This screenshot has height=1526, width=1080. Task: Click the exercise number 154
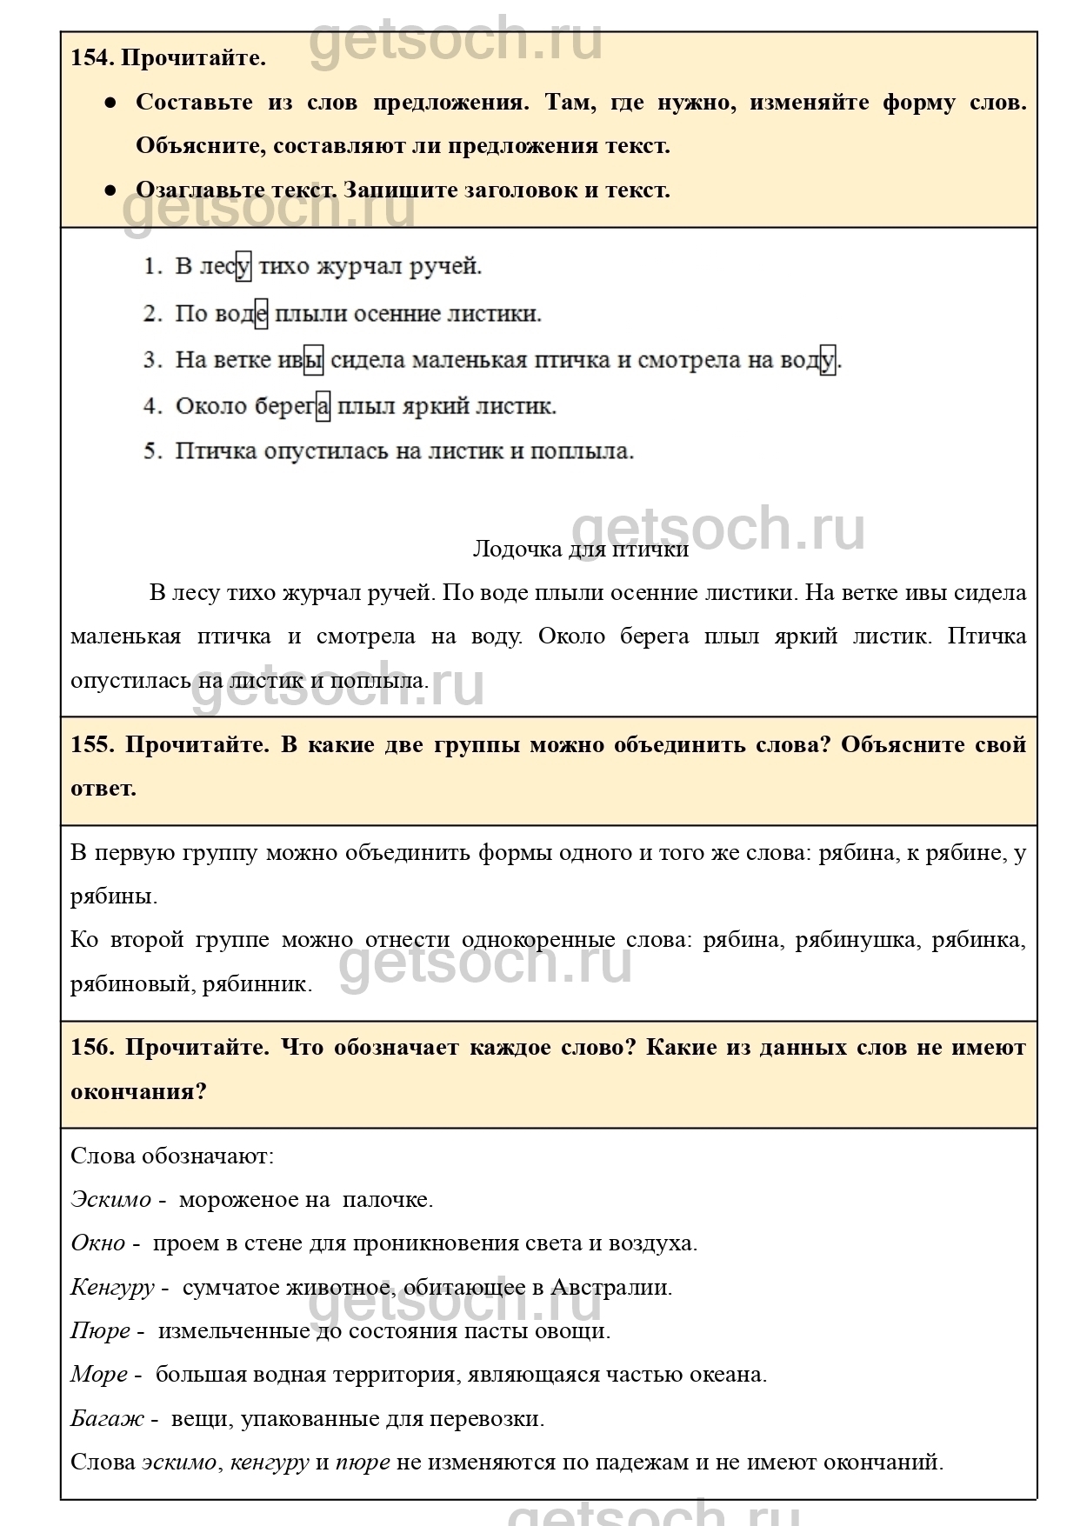pyautogui.click(x=90, y=58)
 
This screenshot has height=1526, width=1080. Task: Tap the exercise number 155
pyautogui.click(x=91, y=745)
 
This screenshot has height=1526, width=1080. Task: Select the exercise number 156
pyautogui.click(x=91, y=1048)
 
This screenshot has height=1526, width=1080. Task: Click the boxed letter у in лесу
pyautogui.click(x=243, y=266)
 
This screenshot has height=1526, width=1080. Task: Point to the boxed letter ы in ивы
pyautogui.click(x=313, y=360)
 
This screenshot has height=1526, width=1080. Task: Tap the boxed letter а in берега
pyautogui.click(x=323, y=406)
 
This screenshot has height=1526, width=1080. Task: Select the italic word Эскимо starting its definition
pyautogui.click(x=110, y=1200)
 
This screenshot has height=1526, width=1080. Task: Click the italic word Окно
pyautogui.click(x=97, y=1243)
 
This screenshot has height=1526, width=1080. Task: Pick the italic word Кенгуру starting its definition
pyautogui.click(x=112, y=1288)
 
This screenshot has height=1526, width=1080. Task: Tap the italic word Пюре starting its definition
pyautogui.click(x=100, y=1331)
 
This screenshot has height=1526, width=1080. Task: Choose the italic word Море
pyautogui.click(x=98, y=1375)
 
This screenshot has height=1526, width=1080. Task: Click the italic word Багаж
pyautogui.click(x=107, y=1419)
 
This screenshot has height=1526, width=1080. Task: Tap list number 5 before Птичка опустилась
pyautogui.click(x=152, y=451)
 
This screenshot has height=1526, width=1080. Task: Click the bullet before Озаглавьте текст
pyautogui.click(x=110, y=190)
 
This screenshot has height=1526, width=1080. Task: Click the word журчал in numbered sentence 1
pyautogui.click(x=357, y=266)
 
